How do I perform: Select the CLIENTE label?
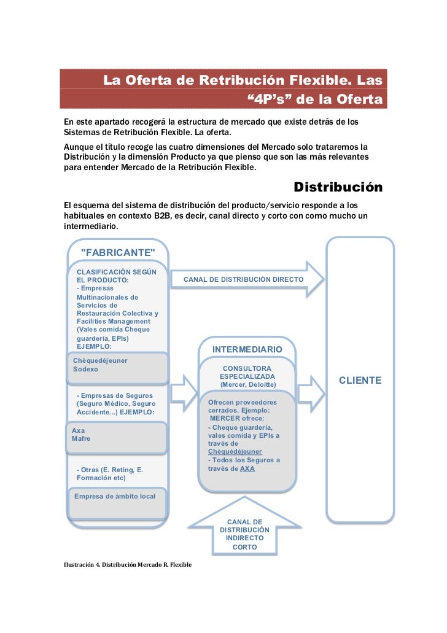point(360,381)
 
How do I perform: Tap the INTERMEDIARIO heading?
point(247,349)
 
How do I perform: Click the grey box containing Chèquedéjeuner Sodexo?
point(117,367)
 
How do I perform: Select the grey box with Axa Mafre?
point(117,437)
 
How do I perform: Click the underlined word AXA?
point(247,468)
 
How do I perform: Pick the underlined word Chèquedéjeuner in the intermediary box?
point(235,451)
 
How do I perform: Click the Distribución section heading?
point(338,187)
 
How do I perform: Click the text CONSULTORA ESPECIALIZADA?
point(247,372)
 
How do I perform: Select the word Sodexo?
point(85,370)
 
